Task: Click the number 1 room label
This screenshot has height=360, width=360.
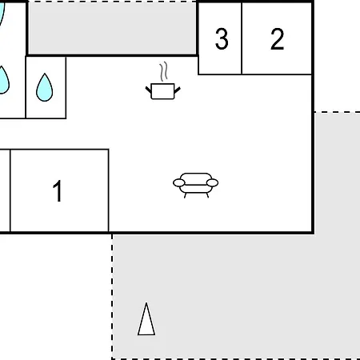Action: pyautogui.click(x=58, y=190)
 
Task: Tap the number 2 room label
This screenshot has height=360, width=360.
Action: pyautogui.click(x=277, y=39)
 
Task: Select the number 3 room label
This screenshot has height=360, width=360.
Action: pyautogui.click(x=222, y=39)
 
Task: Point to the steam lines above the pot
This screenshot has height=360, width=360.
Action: pyautogui.click(x=164, y=71)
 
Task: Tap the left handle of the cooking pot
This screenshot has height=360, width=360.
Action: pyautogui.click(x=149, y=90)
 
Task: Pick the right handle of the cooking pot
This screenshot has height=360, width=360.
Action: pyautogui.click(x=177, y=90)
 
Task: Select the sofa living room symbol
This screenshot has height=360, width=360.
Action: pyautogui.click(x=196, y=186)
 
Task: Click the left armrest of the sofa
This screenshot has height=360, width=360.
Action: pyautogui.click(x=178, y=183)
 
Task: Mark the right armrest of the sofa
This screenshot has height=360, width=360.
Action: pyautogui.click(x=213, y=183)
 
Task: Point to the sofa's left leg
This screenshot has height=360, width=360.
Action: pyautogui.click(x=185, y=195)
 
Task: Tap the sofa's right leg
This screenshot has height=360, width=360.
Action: pyautogui.click(x=207, y=195)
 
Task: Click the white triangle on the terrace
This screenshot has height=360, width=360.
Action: pyautogui.click(x=146, y=320)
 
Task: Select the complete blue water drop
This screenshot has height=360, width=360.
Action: pyautogui.click(x=45, y=87)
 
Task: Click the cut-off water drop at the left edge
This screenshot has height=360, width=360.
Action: pyautogui.click(x=3, y=81)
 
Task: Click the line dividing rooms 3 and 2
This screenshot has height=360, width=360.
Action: pyautogui.click(x=242, y=38)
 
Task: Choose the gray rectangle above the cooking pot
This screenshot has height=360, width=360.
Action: pyautogui.click(x=112, y=28)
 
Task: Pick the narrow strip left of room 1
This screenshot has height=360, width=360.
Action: pyautogui.click(x=5, y=190)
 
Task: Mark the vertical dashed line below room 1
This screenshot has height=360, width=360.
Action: pyautogui.click(x=112, y=297)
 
